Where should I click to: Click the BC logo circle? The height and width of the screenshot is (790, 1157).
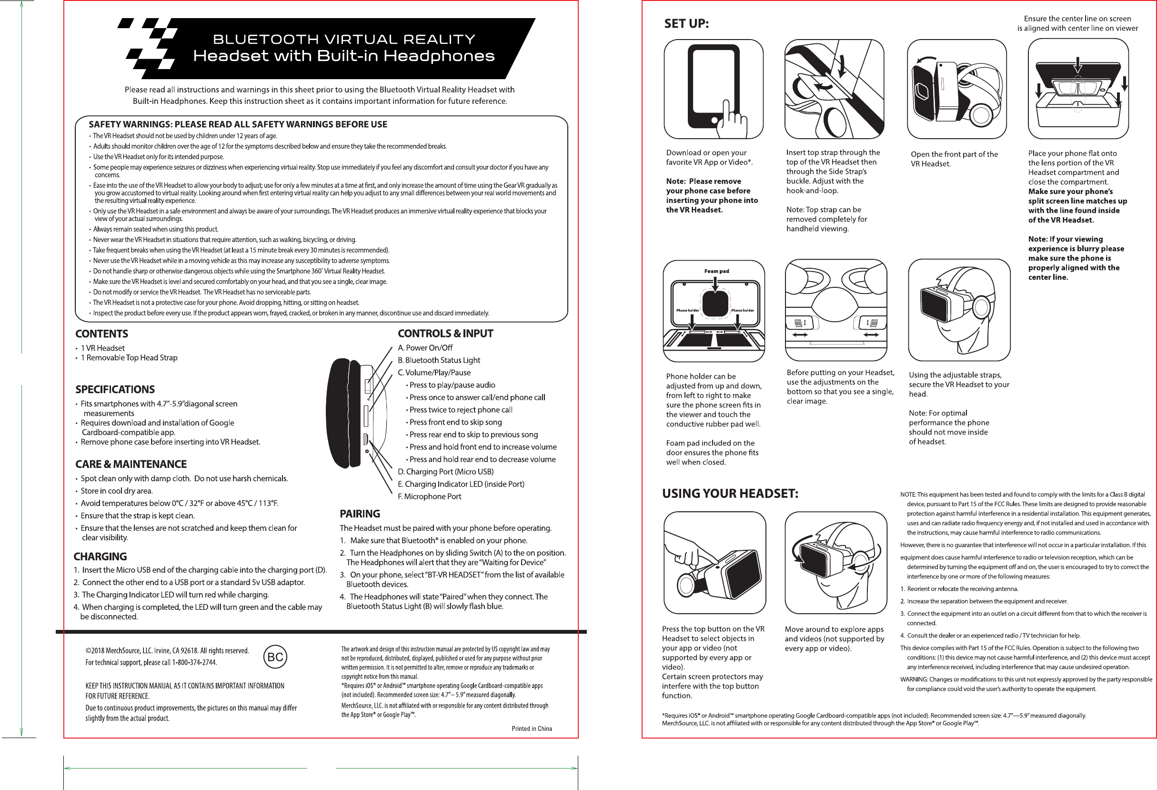point(275,657)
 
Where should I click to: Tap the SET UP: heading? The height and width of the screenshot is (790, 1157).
point(686,23)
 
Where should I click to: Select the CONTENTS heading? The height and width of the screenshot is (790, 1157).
point(101,334)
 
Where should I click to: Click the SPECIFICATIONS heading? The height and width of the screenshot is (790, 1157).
point(115,390)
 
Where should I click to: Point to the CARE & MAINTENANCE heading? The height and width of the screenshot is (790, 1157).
point(131,464)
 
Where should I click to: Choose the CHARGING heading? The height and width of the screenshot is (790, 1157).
point(100,557)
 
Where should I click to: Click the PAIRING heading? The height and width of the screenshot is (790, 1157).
point(360,514)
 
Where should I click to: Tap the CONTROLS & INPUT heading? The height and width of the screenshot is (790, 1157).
point(445,334)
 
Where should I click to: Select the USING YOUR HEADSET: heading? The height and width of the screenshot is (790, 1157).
point(730,494)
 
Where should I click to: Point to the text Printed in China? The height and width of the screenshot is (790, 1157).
point(531,728)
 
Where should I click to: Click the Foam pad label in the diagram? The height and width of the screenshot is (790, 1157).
point(716,272)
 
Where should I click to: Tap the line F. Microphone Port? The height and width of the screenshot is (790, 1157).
point(429,496)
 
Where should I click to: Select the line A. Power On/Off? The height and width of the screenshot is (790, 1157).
point(425,348)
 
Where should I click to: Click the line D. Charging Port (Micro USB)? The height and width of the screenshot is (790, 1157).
point(445,472)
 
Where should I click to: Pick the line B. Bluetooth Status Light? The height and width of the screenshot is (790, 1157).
point(439,360)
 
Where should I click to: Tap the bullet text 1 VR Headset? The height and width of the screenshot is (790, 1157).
point(102,348)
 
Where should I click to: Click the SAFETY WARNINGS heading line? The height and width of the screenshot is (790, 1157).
point(238,124)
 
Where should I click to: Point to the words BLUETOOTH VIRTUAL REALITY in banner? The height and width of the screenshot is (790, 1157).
point(343,40)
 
